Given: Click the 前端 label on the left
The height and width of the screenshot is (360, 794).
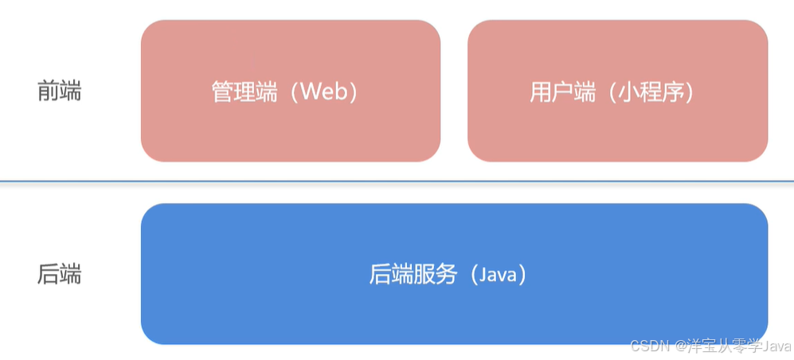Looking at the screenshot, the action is click(59, 92).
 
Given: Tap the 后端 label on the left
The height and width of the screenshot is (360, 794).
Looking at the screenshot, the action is click(59, 275).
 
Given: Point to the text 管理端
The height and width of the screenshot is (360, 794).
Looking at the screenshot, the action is click(244, 92).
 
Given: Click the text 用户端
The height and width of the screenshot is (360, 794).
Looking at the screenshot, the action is click(562, 92).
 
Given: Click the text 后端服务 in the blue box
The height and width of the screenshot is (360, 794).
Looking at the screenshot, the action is click(413, 275).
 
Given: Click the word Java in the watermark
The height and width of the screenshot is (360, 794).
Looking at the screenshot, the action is click(776, 346).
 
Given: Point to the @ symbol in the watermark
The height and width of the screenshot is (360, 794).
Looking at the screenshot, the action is click(680, 346).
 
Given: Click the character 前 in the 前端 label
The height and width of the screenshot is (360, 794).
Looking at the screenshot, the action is click(48, 92).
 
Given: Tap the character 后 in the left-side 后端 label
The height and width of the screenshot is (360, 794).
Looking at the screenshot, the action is click(48, 275).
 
